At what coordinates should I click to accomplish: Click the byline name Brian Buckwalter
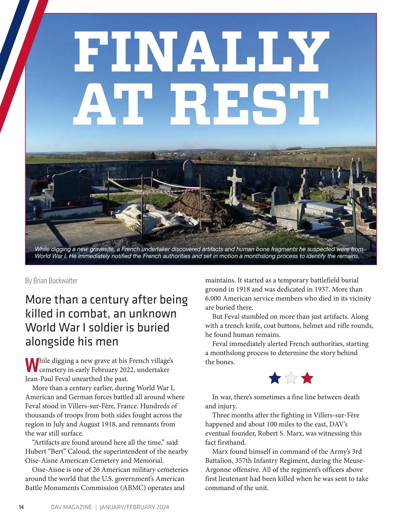pyautogui.click(x=56, y=281)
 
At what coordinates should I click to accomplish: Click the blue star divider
pyautogui.click(x=275, y=378)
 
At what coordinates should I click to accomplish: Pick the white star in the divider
pyautogui.click(x=291, y=378)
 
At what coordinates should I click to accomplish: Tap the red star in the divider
pyautogui.click(x=307, y=378)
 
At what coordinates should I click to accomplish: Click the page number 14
pyautogui.click(x=21, y=507)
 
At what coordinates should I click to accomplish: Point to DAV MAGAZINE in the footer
pyautogui.click(x=71, y=507)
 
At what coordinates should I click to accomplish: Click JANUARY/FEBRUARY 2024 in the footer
pyautogui.click(x=134, y=507)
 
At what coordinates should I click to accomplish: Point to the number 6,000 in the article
pyautogui.click(x=213, y=298)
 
